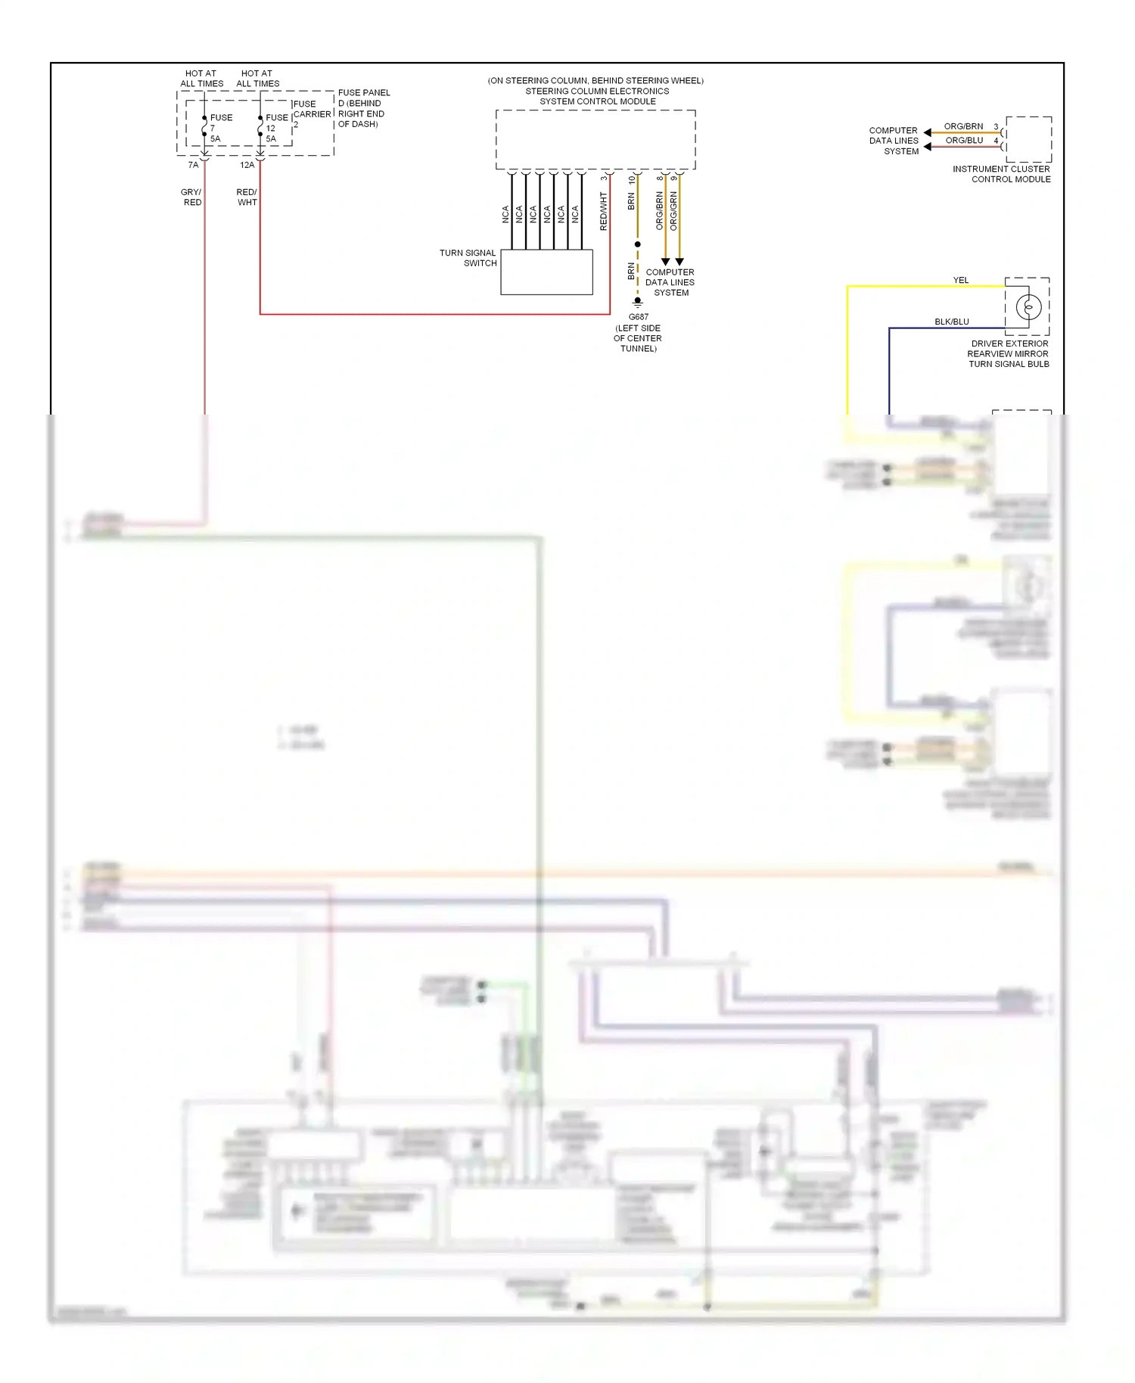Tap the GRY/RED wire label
pos(191,197)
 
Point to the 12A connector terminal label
pos(247,165)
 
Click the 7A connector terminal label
pos(194,165)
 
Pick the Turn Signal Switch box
pos(546,272)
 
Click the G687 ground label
pos(638,317)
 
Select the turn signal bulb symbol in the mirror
pos(1028,306)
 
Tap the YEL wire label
pos(960,280)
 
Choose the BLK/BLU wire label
pos(951,322)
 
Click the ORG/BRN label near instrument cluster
pos(963,126)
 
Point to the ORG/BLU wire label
pos(964,140)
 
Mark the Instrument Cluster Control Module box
pos(1028,139)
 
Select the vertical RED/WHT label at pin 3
pos(603,211)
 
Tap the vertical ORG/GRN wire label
pos(673,211)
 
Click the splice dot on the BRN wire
pos(638,244)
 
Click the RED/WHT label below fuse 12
pos(247,197)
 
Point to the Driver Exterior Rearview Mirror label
pos(1009,353)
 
